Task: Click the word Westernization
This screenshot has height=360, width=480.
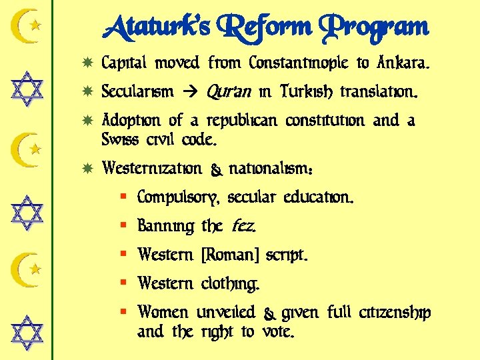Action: (x=151, y=169)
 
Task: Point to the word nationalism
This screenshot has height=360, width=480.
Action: (x=271, y=169)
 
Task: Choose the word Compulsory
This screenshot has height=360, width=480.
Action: (x=179, y=199)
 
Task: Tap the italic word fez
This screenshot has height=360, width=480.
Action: (x=243, y=227)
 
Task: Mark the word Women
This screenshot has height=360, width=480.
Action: (x=163, y=312)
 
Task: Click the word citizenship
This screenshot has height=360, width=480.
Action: (x=395, y=313)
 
